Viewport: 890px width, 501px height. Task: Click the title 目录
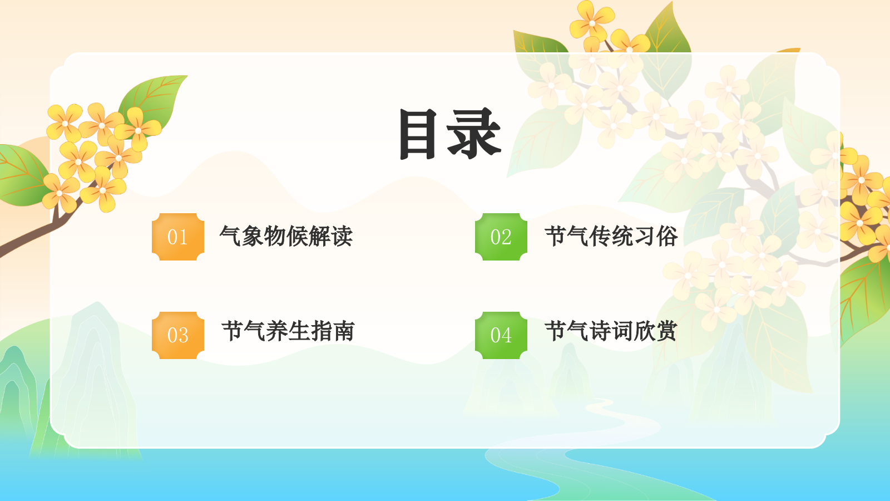[x=450, y=134]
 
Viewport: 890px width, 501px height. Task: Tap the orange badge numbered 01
[x=178, y=237]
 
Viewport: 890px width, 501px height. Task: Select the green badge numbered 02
[x=501, y=237]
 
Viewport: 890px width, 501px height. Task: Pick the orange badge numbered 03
[x=178, y=335]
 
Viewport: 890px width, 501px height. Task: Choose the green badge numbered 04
[x=501, y=335]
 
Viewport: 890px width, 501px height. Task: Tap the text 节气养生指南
[x=288, y=331]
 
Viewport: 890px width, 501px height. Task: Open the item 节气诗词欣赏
[x=611, y=331]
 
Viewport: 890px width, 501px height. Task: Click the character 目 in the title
[x=417, y=134]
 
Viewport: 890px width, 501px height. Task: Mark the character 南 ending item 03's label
[x=343, y=331]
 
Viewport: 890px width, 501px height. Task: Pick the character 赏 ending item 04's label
[x=666, y=331]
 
